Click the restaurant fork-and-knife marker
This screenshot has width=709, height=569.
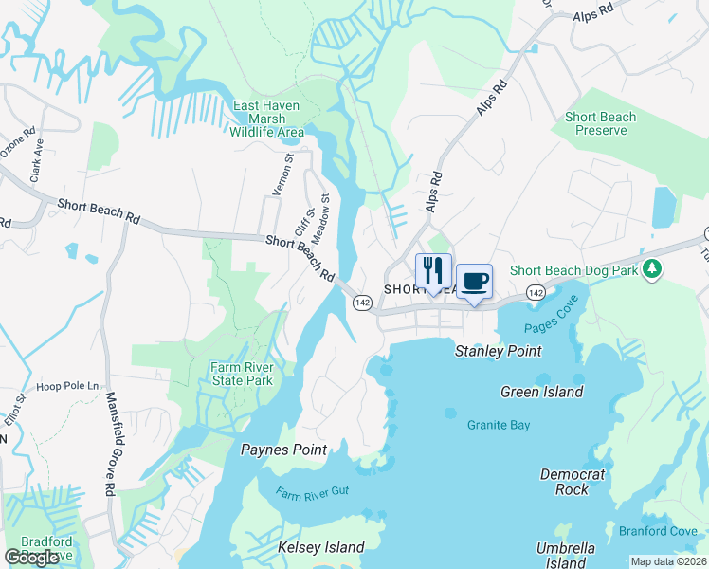[x=433, y=271]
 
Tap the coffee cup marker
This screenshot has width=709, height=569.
[x=474, y=282]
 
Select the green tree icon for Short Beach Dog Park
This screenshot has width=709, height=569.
[x=651, y=270]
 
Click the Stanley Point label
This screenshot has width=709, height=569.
[x=499, y=351]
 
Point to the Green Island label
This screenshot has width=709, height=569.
[x=541, y=392]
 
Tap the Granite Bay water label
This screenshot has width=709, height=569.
[x=499, y=425]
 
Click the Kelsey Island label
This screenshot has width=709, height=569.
[x=320, y=547]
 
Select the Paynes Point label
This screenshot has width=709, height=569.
[x=284, y=450]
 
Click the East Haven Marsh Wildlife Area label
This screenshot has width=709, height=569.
[x=266, y=119]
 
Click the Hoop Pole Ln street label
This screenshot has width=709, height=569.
[x=67, y=386]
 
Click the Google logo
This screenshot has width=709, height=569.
[x=32, y=557]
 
